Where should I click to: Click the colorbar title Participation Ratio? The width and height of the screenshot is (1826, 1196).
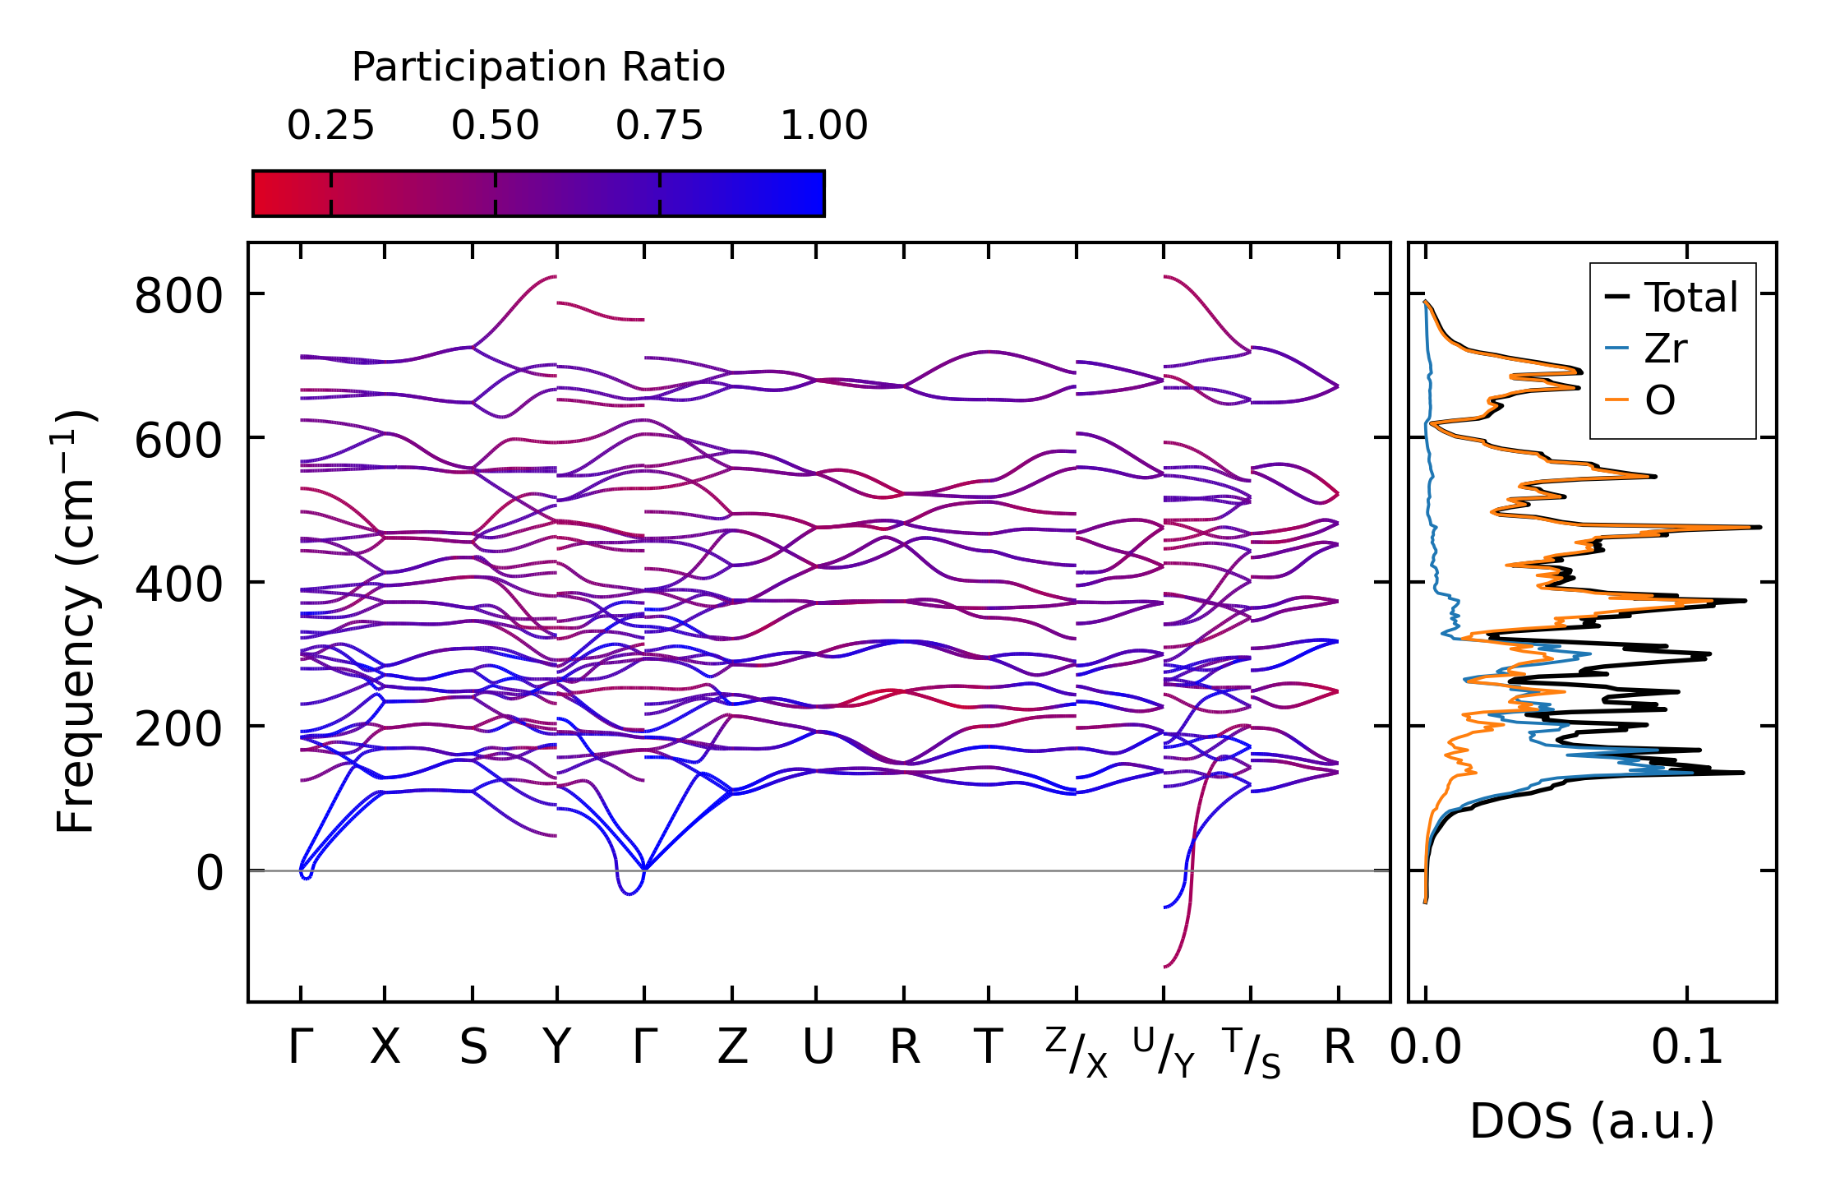[538, 67]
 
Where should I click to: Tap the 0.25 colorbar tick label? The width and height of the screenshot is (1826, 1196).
[330, 126]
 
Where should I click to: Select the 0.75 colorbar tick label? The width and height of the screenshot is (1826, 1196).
[659, 126]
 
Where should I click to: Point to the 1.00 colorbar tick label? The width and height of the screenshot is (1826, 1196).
[823, 126]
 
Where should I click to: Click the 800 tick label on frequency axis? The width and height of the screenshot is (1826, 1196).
[178, 296]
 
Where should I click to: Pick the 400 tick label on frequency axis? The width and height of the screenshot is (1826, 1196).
[178, 584]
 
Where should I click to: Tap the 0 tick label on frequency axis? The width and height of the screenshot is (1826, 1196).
[209, 873]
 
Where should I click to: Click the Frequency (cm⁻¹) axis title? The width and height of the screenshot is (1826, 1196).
[76, 621]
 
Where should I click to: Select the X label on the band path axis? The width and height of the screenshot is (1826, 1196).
[385, 1047]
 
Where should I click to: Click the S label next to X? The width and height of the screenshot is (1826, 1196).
[473, 1047]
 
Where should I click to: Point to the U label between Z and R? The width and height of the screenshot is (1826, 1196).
[818, 1047]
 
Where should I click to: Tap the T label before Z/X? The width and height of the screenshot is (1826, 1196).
[988, 1047]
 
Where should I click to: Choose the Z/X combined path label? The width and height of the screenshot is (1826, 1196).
[1077, 1052]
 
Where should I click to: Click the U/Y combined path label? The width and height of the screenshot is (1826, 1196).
[1164, 1052]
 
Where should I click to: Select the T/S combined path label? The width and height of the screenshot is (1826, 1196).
[1251, 1052]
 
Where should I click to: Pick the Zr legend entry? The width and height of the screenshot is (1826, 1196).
[1665, 349]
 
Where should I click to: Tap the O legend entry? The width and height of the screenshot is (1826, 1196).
[1659, 401]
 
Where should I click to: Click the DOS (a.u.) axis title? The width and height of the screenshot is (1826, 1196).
[1592, 1121]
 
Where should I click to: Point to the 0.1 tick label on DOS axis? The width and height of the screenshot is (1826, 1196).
[1687, 1048]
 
